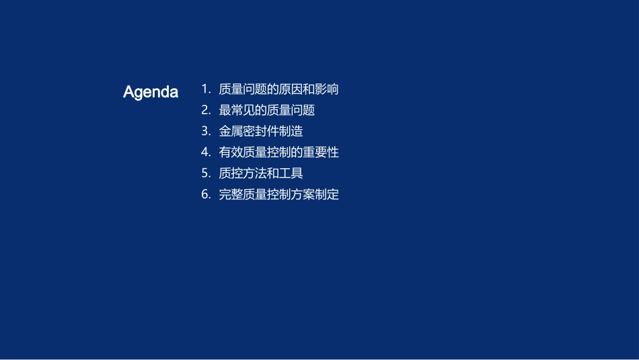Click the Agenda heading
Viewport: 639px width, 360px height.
coord(150,92)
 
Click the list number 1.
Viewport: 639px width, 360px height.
coord(206,89)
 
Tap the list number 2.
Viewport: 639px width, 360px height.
coord(206,110)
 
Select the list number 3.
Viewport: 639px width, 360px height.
coord(206,131)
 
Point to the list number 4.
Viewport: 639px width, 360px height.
coord(206,152)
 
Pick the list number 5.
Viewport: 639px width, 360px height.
coord(206,174)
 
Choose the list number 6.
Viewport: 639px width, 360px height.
coord(206,194)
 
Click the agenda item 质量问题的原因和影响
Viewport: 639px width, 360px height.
coord(278,89)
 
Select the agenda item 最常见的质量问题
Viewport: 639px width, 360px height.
coord(266,110)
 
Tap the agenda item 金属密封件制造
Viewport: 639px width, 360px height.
coord(261,131)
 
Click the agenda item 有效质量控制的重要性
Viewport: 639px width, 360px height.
coord(278,152)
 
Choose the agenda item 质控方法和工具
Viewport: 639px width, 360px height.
coord(261,174)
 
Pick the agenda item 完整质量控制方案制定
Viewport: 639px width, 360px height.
coord(278,194)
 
